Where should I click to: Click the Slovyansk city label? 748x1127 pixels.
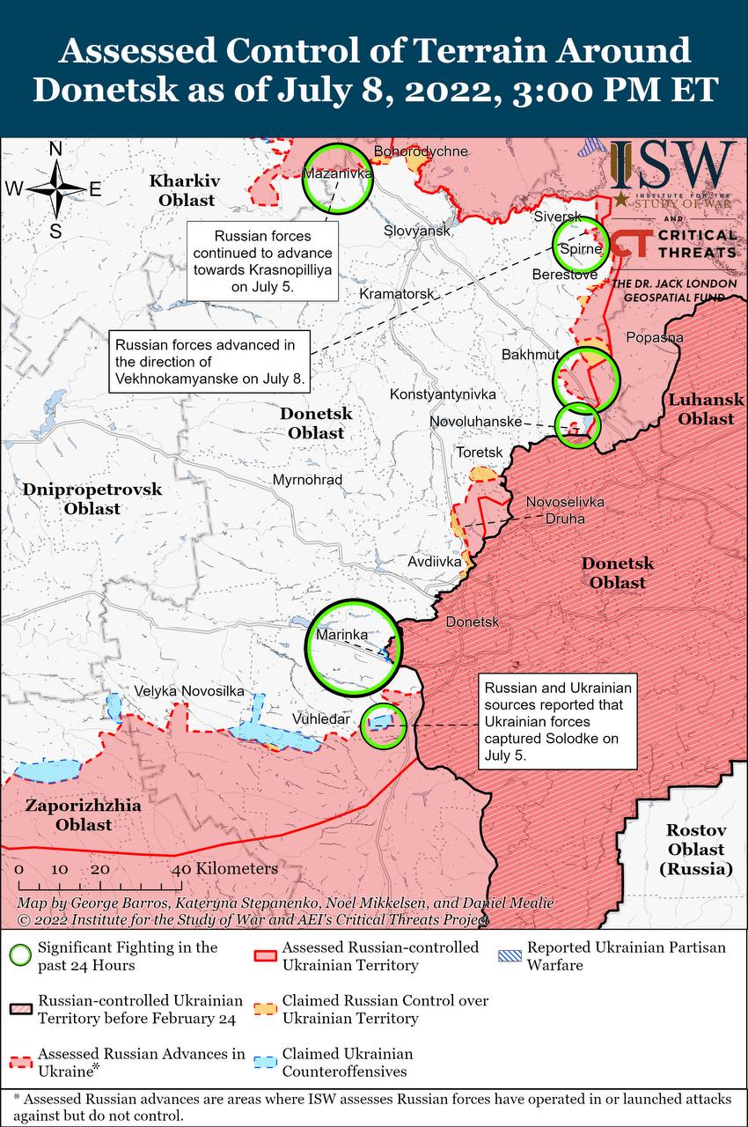[x=416, y=231]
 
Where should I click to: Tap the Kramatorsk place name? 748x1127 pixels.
[x=397, y=293]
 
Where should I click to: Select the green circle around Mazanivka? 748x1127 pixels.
[x=338, y=178]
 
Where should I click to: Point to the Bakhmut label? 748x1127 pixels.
[x=530, y=355]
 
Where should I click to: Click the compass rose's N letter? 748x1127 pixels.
[x=55, y=150]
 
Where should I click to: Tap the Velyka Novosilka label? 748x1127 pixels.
[x=189, y=692]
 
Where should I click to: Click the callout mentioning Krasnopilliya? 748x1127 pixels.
[x=262, y=261]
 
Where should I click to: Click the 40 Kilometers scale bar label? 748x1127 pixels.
[x=224, y=869]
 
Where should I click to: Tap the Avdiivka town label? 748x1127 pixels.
[x=435, y=561]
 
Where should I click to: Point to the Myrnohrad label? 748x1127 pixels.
[x=307, y=480]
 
